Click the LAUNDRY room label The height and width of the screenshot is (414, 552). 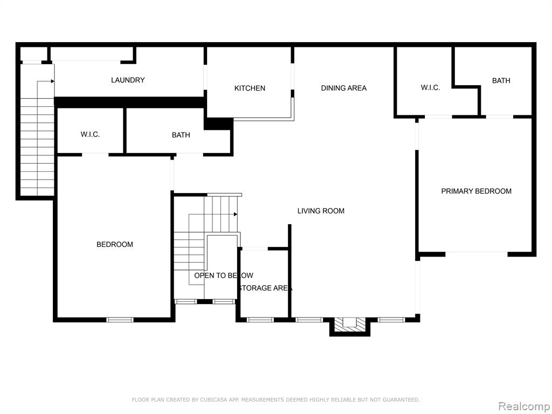pyautogui.click(x=128, y=80)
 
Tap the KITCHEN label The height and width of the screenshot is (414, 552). pyautogui.click(x=250, y=88)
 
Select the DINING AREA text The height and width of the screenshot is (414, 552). pyautogui.click(x=343, y=88)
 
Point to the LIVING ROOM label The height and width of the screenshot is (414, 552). pyautogui.click(x=321, y=211)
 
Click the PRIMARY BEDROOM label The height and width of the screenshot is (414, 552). pyautogui.click(x=477, y=191)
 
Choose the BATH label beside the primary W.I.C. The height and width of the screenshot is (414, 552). pyautogui.click(x=501, y=81)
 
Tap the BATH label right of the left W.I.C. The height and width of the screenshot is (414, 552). pyautogui.click(x=181, y=135)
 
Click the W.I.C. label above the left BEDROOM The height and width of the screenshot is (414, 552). pyautogui.click(x=90, y=134)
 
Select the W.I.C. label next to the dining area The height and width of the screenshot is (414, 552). pyautogui.click(x=430, y=87)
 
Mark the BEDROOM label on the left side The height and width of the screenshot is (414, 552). pyautogui.click(x=115, y=244)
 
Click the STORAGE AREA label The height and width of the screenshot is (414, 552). pyautogui.click(x=265, y=288)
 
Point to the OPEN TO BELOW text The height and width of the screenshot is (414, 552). pyautogui.click(x=224, y=275)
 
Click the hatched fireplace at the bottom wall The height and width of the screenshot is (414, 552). pyautogui.click(x=349, y=324)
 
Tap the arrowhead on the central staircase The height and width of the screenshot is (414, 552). pyautogui.click(x=236, y=214)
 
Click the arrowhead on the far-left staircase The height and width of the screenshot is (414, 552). pyautogui.click(x=52, y=81)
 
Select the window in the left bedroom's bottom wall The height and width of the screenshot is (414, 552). pyautogui.click(x=120, y=320)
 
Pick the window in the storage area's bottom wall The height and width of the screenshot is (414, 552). pyautogui.click(x=260, y=320)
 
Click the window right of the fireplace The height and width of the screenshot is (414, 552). pyautogui.click(x=391, y=320)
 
